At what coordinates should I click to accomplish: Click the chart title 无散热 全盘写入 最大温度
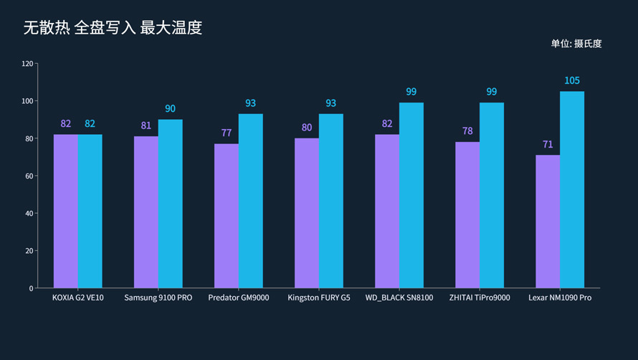pos(113,28)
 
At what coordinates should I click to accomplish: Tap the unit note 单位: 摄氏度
pos(576,44)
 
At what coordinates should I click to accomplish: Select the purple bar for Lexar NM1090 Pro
pos(548,221)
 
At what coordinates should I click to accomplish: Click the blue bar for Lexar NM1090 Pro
pos(572,189)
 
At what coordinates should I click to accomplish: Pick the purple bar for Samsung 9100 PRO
pos(146,212)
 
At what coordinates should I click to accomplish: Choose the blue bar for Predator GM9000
pos(251,201)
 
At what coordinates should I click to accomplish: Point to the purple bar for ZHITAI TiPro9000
pos(467,214)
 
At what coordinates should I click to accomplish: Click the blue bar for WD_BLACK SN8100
pos(411,195)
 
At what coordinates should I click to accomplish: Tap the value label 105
pos(572,80)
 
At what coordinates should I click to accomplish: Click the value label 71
pos(548,144)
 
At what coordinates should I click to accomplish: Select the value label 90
pos(170,109)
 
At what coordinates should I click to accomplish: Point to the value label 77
pos(227,133)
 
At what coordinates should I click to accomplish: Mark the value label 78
pos(467,131)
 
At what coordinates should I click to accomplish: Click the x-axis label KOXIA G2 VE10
pos(78,298)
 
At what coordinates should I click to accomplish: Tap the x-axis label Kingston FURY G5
pos(319,298)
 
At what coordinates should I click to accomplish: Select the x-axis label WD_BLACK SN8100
pos(399,298)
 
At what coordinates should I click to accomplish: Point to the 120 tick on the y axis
pos(27,64)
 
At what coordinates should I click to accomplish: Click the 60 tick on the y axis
pos(29,176)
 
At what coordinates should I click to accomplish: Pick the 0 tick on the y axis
pos(31,288)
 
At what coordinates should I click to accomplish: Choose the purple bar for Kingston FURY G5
pos(307,213)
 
